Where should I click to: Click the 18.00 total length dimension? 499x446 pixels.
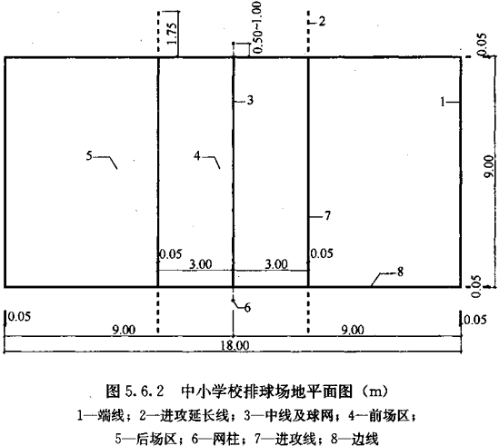(x=235, y=345)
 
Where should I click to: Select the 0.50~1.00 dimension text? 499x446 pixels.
(x=257, y=27)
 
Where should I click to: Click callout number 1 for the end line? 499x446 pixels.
(x=443, y=102)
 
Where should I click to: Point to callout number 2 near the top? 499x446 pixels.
(x=322, y=21)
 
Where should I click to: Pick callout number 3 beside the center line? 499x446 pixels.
(x=250, y=100)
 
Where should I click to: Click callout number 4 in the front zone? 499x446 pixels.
(x=197, y=156)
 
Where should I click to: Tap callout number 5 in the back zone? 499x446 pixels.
(x=89, y=156)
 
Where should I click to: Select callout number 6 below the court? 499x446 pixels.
(x=247, y=308)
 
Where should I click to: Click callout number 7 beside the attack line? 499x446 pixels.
(x=327, y=216)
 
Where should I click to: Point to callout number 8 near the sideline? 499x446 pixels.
(x=400, y=272)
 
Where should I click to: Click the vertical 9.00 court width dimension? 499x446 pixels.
(x=489, y=166)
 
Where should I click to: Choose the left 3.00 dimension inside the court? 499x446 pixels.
(x=201, y=264)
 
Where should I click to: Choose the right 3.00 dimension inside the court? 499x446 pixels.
(x=276, y=264)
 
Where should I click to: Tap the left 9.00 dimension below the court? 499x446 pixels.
(x=124, y=330)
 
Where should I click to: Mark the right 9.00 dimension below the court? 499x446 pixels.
(x=353, y=330)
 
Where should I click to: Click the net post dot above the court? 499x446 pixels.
(x=234, y=43)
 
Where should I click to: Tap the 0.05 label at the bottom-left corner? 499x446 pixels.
(x=19, y=316)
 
